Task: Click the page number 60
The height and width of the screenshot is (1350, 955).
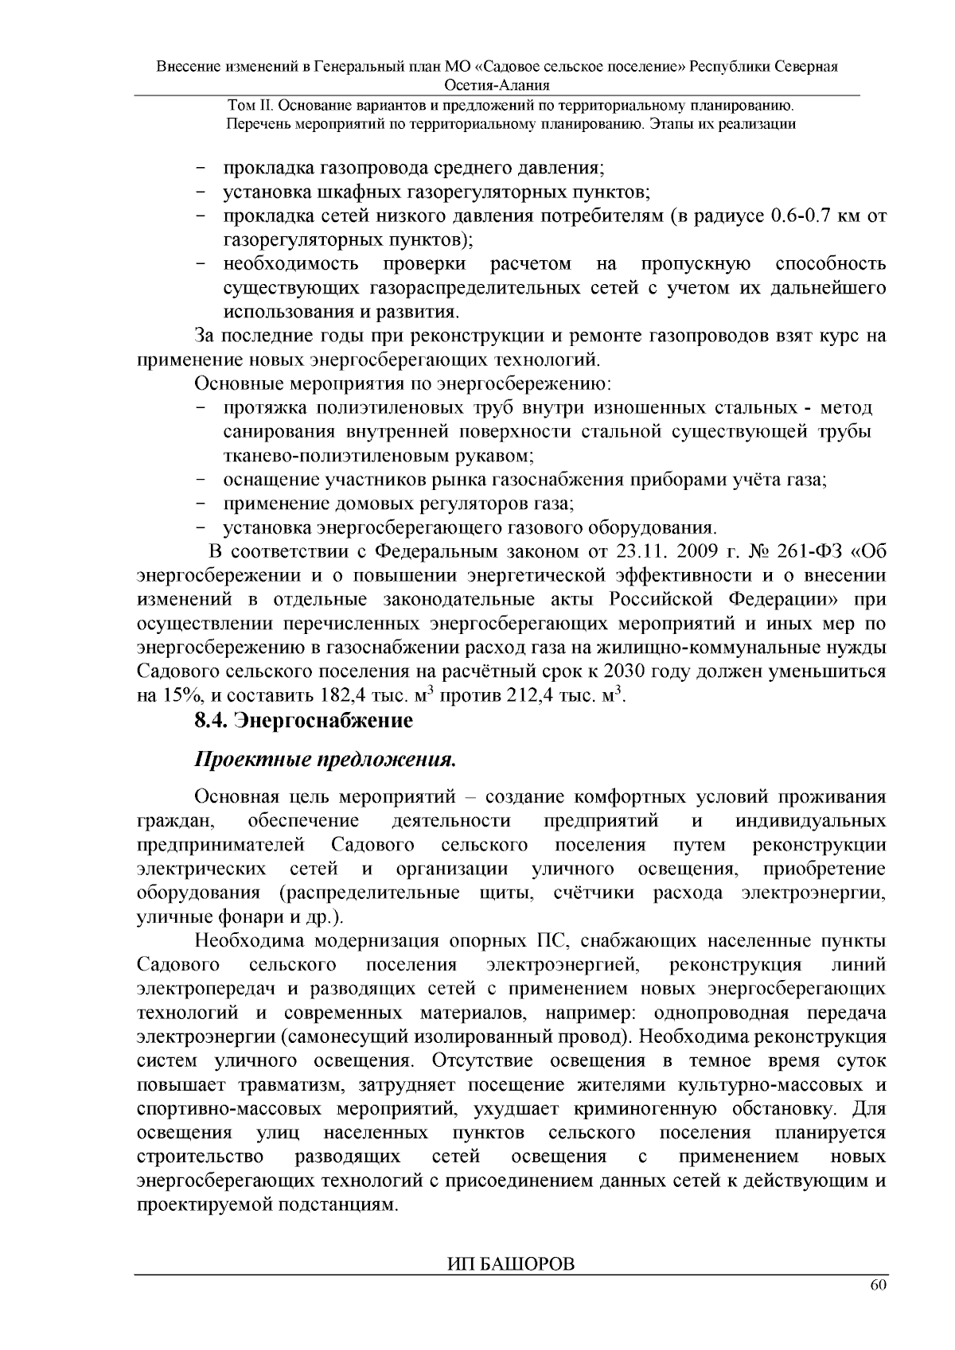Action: [x=877, y=1286]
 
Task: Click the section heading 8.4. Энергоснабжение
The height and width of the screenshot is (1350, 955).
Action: [x=303, y=721]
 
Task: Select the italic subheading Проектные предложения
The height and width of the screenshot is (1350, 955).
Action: [x=325, y=760]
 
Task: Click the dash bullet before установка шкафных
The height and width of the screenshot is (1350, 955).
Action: [x=201, y=193]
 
